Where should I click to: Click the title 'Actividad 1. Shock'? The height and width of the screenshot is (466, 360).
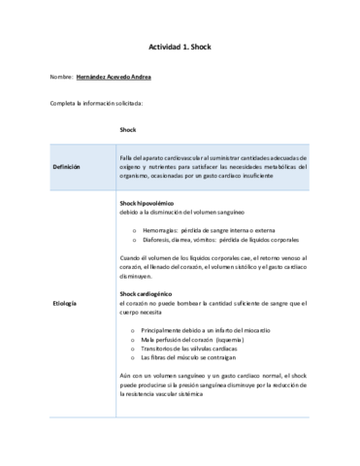pos(180,46)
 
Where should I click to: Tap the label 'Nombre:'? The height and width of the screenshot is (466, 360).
pos(61,77)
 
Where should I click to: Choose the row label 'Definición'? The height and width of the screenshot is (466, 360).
pos(68,166)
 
